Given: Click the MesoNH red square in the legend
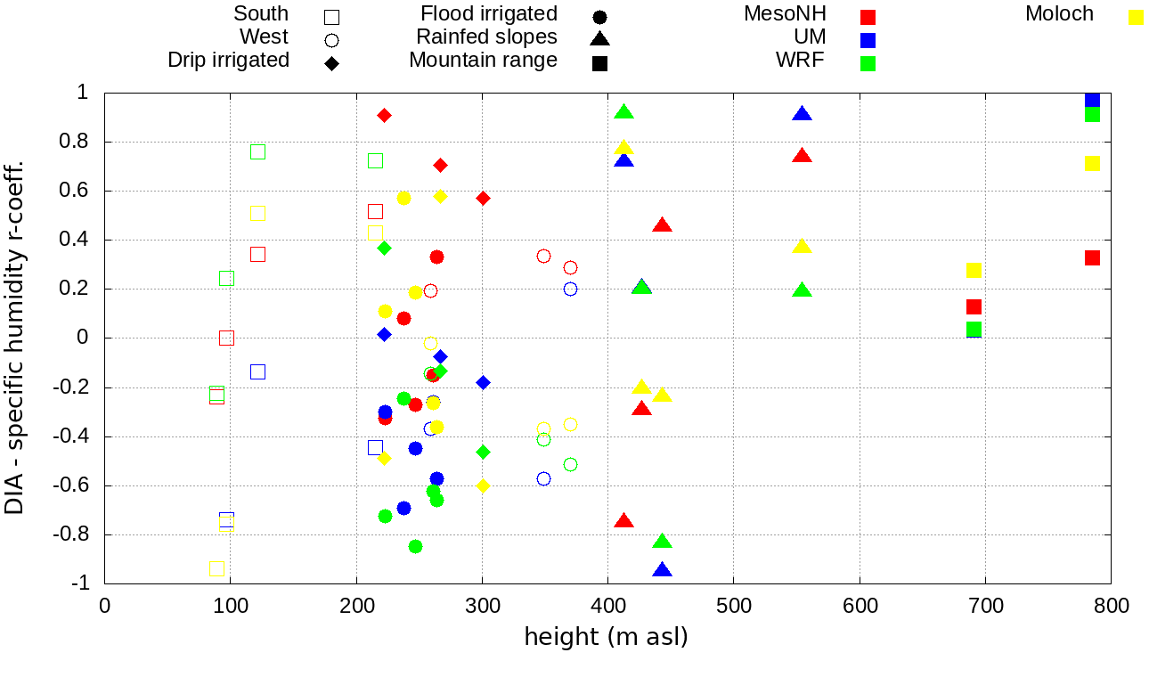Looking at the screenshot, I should [868, 17].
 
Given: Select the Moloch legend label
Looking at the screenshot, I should [1059, 14].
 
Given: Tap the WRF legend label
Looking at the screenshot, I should [801, 61].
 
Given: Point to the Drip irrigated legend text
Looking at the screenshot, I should [228, 61].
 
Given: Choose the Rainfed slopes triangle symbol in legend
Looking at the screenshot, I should [599, 38].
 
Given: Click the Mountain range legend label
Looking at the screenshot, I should [483, 61].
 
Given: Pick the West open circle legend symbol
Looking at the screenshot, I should [331, 40].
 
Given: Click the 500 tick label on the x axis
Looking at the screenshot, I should [733, 607].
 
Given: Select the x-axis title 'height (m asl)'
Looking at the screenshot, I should [606, 638].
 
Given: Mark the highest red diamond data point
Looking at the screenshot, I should [384, 115].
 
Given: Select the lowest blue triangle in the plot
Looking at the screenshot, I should [662, 570].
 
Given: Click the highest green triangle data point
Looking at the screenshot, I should [623, 112].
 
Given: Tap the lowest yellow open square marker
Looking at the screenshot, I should [216, 568].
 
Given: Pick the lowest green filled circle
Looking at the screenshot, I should [415, 546].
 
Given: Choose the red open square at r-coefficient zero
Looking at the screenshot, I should [226, 338].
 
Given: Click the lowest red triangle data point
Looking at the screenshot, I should [623, 521].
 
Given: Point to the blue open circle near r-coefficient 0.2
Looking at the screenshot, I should [570, 289].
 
